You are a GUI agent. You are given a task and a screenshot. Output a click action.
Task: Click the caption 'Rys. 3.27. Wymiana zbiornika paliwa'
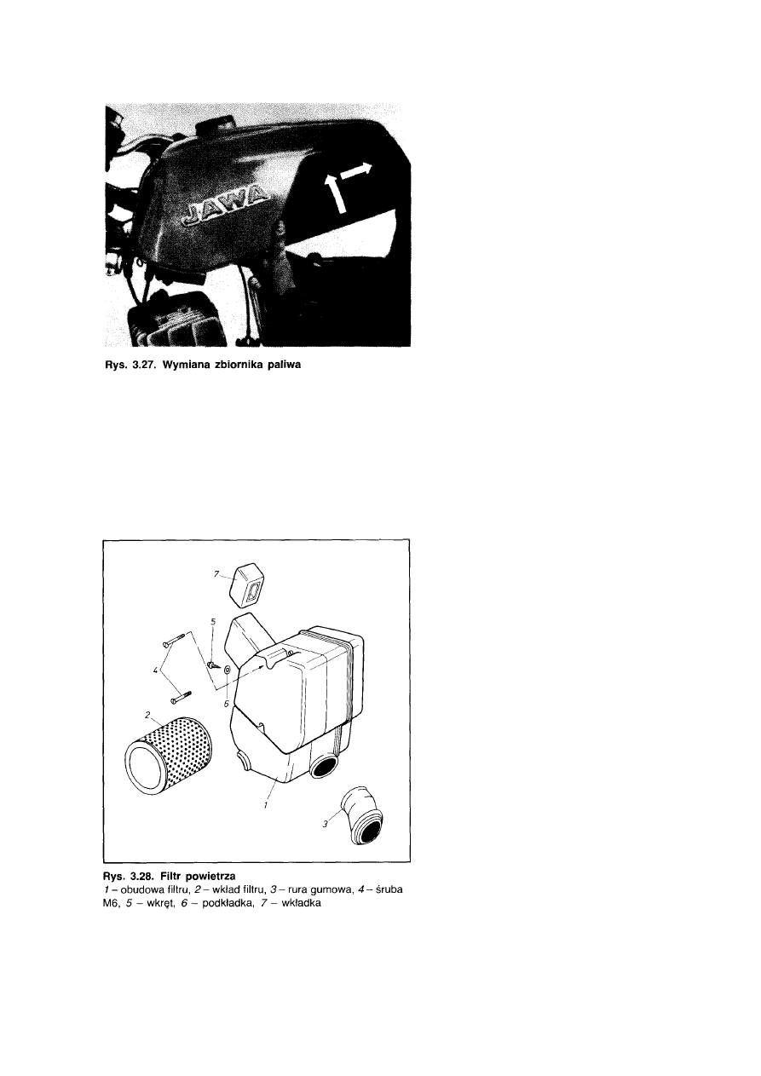coord(203,365)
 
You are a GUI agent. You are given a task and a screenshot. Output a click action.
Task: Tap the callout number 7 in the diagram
coord(216,573)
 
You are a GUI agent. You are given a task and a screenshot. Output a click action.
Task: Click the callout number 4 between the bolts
coord(156,671)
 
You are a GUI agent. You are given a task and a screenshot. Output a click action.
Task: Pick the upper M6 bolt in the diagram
coord(174,638)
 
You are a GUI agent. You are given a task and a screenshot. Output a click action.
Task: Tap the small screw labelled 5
coord(212,665)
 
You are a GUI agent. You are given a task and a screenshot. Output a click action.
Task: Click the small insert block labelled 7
coord(247,588)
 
